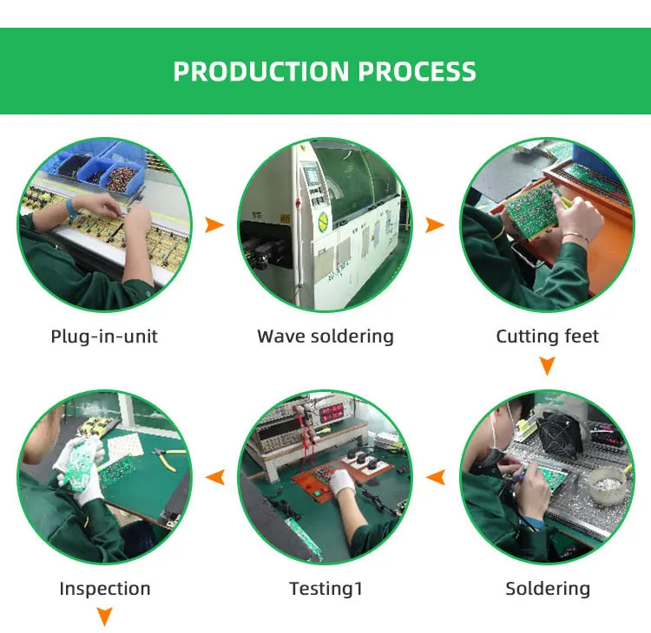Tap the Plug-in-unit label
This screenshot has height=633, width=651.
pos(104,336)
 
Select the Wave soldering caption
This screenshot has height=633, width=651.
pos(325,336)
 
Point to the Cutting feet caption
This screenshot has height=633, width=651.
pos(547,336)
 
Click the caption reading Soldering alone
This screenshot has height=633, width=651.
pos(547,589)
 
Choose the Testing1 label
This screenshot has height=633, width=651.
pos(325,589)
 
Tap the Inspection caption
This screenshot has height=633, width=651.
pos(104,589)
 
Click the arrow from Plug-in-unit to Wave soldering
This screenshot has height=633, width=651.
pos(214,225)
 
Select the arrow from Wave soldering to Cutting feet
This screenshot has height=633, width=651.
pos(435,225)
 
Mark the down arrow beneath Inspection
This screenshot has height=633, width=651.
pos(104,617)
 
